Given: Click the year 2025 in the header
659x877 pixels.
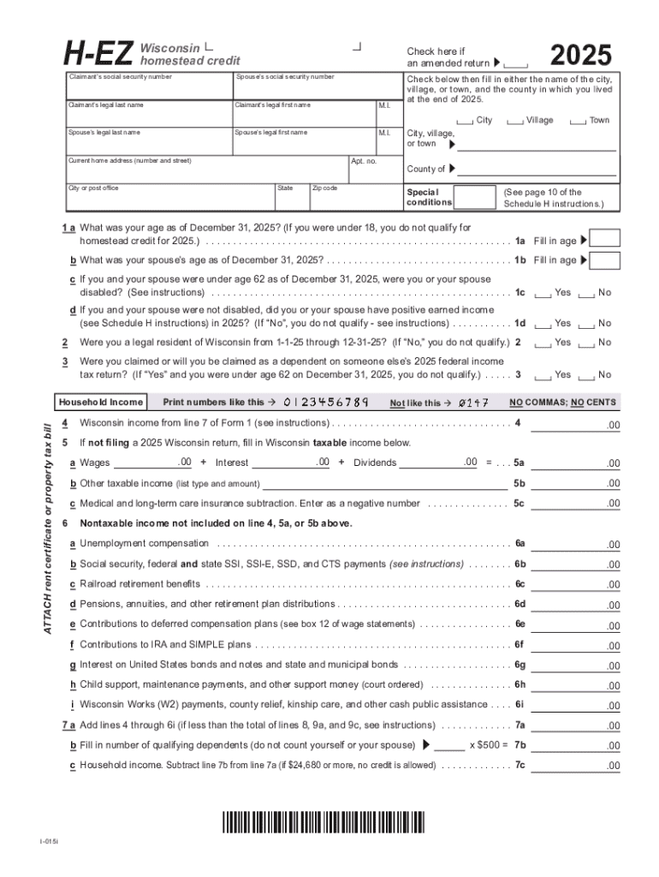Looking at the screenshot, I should [x=581, y=57].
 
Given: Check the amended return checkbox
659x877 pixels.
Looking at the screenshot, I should [x=516, y=64].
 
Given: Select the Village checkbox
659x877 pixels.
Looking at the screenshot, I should [x=514, y=122].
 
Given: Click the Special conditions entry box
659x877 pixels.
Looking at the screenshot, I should [x=474, y=198].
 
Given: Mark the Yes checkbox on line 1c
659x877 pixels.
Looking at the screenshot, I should [x=543, y=294].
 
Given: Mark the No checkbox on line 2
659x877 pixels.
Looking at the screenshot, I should [x=586, y=343].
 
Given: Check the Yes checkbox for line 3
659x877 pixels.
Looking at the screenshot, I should [x=543, y=376].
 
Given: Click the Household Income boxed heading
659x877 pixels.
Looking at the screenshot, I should [x=100, y=402].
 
